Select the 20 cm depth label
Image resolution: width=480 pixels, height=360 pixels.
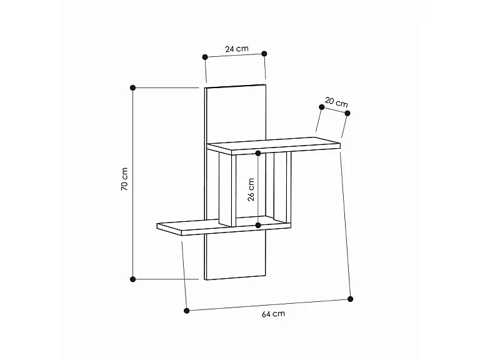click(x=336, y=102)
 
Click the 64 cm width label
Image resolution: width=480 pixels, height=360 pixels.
click(x=273, y=314)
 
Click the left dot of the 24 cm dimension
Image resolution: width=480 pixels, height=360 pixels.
click(x=205, y=57)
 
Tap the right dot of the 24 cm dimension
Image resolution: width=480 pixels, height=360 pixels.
click(x=264, y=53)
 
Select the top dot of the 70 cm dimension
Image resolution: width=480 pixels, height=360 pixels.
click(x=132, y=87)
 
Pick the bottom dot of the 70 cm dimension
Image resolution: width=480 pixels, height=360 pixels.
click(x=132, y=279)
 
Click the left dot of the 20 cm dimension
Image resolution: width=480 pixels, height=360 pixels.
click(x=321, y=107)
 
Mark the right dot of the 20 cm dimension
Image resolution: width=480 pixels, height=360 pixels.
click(x=348, y=113)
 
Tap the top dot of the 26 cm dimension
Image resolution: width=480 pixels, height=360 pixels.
click(x=258, y=153)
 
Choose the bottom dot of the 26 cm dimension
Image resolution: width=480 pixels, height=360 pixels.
click(x=258, y=225)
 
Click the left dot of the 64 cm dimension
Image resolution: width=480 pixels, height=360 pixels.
click(x=187, y=310)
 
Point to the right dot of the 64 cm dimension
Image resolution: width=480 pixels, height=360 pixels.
click(x=351, y=299)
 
